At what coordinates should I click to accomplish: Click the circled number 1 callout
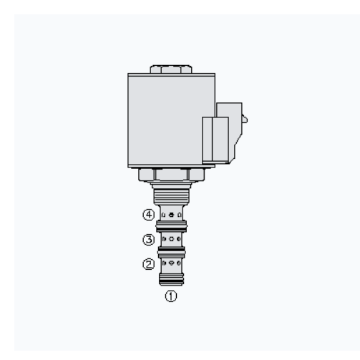[x=171, y=296]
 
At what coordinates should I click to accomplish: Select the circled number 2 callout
[x=148, y=264]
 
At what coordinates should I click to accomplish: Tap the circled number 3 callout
[x=148, y=240]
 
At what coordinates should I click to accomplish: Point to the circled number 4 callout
[x=148, y=215]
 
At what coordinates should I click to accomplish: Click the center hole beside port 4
[x=171, y=215]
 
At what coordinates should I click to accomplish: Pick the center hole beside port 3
[x=171, y=238]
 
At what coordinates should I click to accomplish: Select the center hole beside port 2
[x=171, y=263]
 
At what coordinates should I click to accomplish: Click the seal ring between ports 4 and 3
[x=171, y=226]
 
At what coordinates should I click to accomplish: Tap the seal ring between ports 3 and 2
[x=171, y=253]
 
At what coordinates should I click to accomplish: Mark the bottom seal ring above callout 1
[x=171, y=280]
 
